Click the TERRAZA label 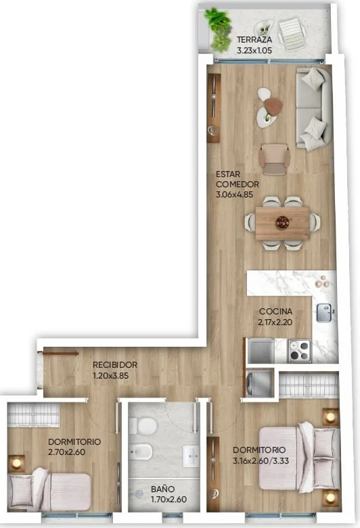point(254,39)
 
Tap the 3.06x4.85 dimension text point(234,194)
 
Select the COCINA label point(275,312)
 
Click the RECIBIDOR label point(115,364)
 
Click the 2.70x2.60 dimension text point(66,452)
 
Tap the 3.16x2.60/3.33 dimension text point(261,460)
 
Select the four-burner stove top point(299,351)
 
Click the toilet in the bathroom point(143,426)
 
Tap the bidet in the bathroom point(141,452)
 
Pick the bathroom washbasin point(191,456)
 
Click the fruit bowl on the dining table point(282,222)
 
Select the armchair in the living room point(274,160)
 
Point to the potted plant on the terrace point(219,30)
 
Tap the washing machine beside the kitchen point(259,383)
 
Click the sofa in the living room point(313,108)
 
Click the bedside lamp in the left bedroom point(16,464)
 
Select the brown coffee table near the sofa point(273,105)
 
